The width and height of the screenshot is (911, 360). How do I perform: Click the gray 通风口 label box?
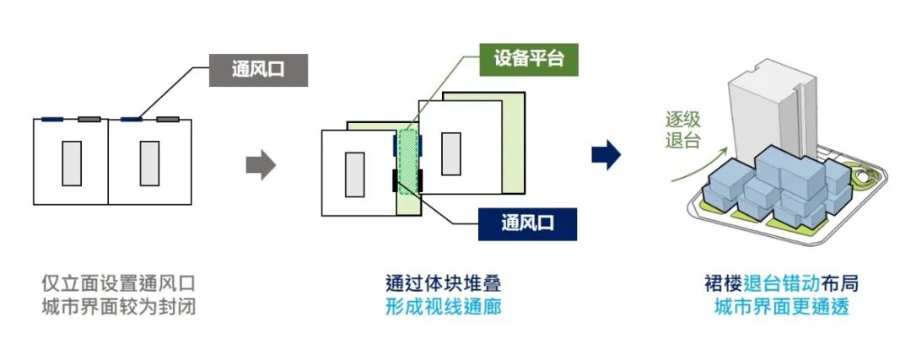258,70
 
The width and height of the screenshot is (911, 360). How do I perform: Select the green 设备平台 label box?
529,59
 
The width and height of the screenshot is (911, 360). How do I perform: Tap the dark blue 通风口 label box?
527,223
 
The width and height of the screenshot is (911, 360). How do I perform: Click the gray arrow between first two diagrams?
261,165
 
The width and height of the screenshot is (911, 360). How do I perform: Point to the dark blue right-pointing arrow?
606,155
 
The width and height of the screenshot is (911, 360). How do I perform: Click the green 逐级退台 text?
683,130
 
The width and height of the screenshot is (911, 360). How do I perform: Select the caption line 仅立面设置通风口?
119,283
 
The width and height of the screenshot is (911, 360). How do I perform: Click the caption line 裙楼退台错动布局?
781,283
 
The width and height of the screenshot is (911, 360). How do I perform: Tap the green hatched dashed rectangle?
407,160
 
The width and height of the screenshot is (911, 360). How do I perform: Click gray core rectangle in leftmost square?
72,164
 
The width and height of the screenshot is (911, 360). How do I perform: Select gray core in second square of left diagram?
149,164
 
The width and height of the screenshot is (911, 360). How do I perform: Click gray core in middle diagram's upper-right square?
450,154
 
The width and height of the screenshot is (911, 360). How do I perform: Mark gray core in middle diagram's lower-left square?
355,175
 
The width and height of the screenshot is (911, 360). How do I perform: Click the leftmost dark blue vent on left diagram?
52,120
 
